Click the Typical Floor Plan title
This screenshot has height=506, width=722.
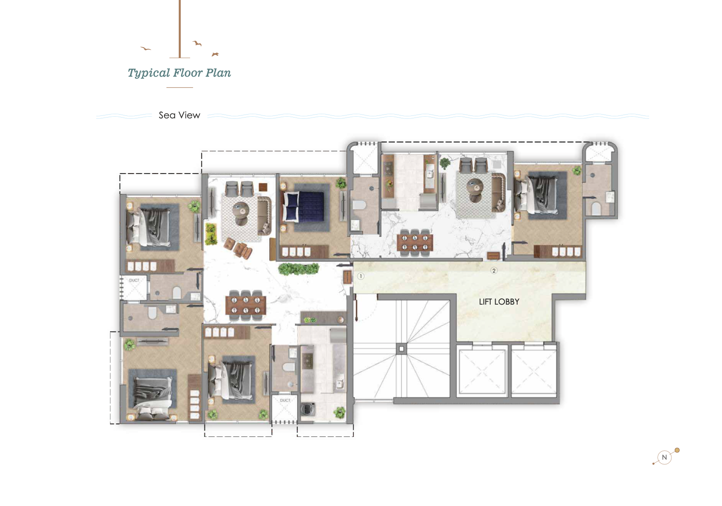point(179,73)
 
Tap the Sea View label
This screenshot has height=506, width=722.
point(179,115)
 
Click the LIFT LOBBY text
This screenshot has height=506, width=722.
point(499,302)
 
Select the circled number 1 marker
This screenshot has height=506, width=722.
point(361,276)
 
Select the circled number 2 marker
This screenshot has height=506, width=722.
point(494,270)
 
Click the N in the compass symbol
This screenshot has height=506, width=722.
point(665,457)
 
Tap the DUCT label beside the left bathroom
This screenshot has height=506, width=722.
point(134,280)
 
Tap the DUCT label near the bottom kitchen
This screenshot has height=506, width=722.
point(285,400)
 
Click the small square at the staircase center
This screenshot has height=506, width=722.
point(401,349)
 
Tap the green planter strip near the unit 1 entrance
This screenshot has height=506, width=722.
point(298,269)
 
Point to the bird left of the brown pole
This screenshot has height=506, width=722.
point(145,49)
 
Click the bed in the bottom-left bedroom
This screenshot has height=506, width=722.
point(152,394)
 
